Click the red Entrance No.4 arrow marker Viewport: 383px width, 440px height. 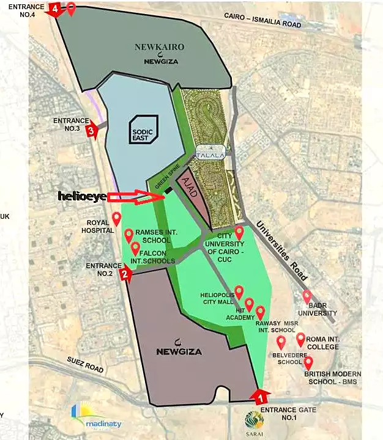(55, 10)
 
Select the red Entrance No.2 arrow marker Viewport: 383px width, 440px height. (125, 274)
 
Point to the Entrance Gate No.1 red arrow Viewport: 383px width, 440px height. (260, 395)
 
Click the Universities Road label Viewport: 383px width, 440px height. (283, 251)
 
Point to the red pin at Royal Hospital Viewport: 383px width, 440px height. (116, 218)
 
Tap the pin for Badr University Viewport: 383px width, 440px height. (307, 296)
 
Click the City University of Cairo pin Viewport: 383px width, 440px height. (239, 232)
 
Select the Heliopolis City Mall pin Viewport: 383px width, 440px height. (239, 291)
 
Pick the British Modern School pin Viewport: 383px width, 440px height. (308, 363)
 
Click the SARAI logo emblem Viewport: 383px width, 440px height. (254, 420)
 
